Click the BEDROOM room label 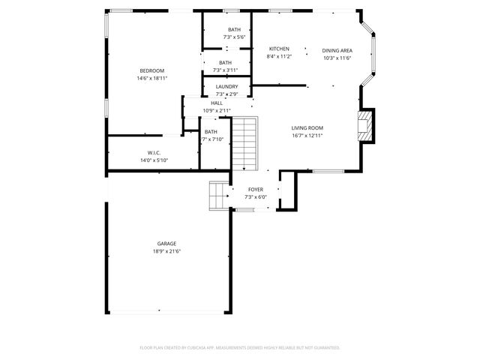tap(152, 70)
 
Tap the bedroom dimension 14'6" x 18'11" tap(152, 78)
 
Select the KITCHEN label tap(279, 49)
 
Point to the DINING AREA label tap(337, 50)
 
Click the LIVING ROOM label tap(307, 128)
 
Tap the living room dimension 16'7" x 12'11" tap(307, 136)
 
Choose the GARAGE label tap(166, 244)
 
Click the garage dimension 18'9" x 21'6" tap(166, 251)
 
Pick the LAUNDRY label tap(226, 87)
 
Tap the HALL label tap(216, 103)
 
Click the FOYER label tap(256, 190)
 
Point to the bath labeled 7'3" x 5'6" tap(235, 37)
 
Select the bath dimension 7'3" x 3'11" tap(225, 70)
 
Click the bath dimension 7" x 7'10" tap(212, 139)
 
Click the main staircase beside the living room tap(244, 144)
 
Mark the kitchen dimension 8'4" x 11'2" tap(279, 56)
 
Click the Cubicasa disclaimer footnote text tap(240, 347)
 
